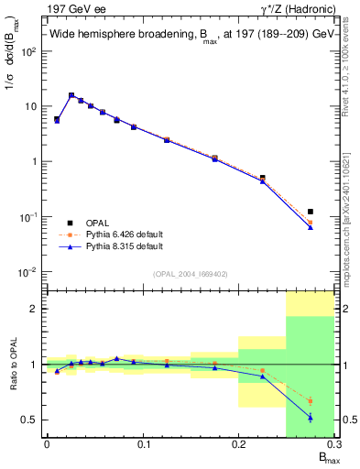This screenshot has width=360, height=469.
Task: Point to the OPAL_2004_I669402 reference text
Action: click(190, 274)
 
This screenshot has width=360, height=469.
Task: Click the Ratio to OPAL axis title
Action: click(13, 364)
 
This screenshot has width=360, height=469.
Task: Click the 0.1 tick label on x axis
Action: click(143, 444)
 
